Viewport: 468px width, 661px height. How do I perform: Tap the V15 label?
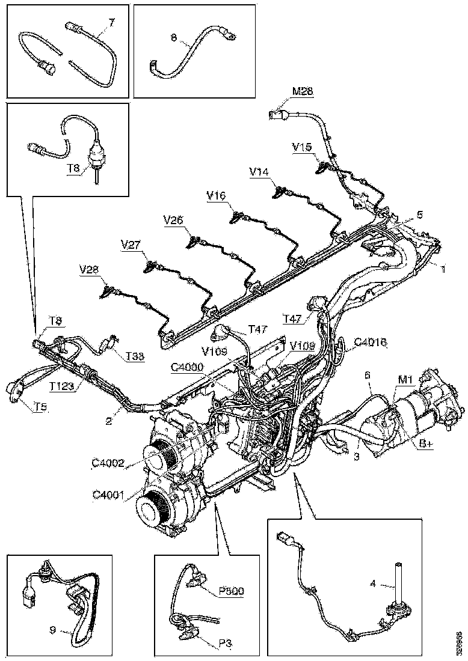point(302,146)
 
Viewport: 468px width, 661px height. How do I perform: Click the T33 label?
point(135,357)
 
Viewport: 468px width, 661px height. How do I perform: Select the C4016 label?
point(370,343)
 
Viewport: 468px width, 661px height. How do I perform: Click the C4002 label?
point(108,463)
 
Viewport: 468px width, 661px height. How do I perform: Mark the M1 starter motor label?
point(405,380)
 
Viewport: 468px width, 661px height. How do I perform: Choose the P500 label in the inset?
point(231,591)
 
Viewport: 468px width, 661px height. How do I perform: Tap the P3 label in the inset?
point(226,642)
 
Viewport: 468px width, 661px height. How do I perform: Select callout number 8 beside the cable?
point(173,37)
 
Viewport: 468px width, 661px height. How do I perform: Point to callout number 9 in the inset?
point(54,630)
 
